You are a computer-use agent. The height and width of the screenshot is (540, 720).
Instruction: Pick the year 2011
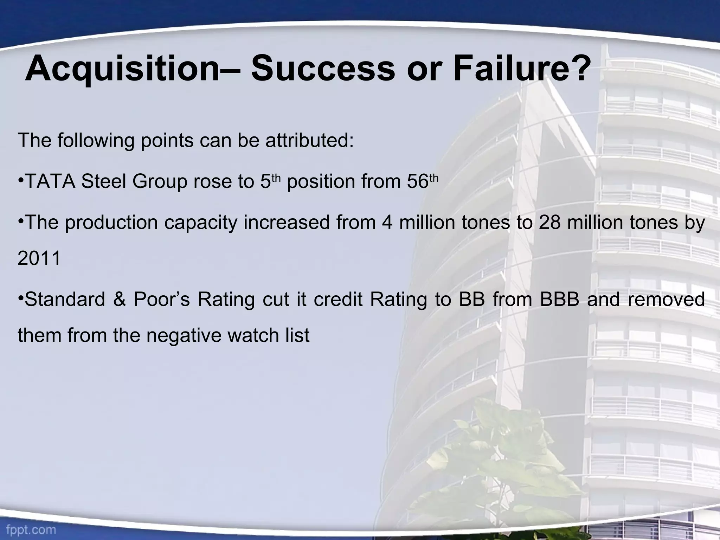39,258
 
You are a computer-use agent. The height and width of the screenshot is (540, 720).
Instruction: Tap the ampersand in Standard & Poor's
119,300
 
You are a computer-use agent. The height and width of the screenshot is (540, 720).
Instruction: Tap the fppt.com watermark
28,529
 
